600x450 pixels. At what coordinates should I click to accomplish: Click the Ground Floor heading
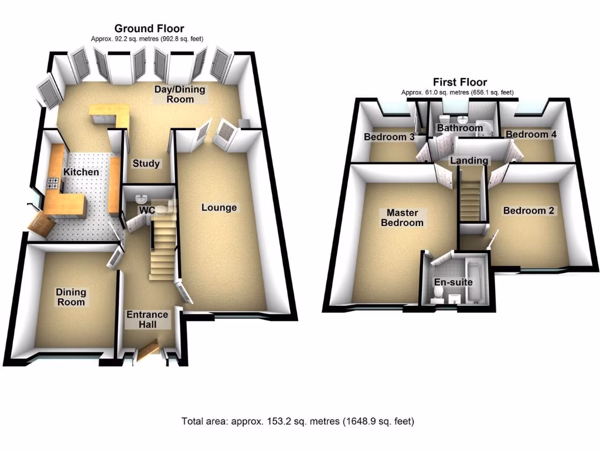149,28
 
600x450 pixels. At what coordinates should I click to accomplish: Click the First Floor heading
459,82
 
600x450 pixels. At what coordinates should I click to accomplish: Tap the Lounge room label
219,207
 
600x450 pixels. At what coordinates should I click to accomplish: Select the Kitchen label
81,172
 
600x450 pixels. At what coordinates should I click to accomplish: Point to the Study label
146,164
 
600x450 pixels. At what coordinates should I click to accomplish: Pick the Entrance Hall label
148,319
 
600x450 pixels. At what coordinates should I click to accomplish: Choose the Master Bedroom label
402,217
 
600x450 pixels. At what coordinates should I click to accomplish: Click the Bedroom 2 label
529,210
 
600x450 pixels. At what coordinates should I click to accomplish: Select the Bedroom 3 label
389,137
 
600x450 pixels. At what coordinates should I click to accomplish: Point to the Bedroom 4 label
531,135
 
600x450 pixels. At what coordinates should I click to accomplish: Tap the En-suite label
453,282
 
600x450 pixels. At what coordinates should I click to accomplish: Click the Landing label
469,161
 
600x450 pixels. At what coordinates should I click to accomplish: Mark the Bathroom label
459,128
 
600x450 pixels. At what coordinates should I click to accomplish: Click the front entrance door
148,349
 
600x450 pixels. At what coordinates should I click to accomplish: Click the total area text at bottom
298,421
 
